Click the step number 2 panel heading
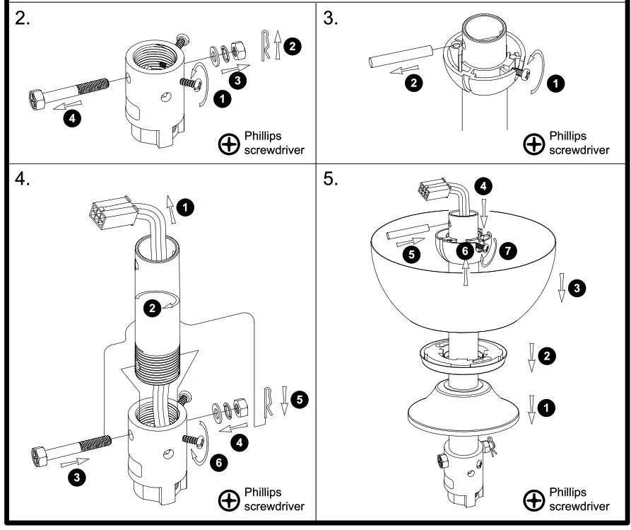22,18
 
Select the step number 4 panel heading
22,179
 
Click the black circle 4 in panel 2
71,117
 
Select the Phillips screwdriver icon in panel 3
534,144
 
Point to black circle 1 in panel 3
558,84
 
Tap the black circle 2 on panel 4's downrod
151,308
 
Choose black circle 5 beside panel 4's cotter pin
300,400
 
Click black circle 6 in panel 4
218,462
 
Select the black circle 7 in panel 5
507,251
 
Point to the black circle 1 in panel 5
546,407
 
